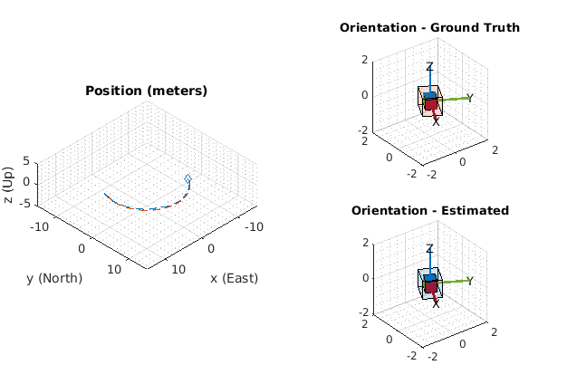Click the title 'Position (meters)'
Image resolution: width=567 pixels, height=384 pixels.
click(x=146, y=91)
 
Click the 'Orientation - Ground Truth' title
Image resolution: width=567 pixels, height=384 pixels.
click(x=429, y=27)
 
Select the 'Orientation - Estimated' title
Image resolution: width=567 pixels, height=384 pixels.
click(x=429, y=210)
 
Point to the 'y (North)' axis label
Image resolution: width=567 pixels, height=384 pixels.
click(x=53, y=278)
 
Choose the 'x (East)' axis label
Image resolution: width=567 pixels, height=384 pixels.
click(x=234, y=278)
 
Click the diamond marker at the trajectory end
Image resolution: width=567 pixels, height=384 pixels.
click(x=187, y=178)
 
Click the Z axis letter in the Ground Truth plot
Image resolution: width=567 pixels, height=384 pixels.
click(x=429, y=67)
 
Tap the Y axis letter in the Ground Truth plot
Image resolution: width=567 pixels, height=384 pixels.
click(x=469, y=98)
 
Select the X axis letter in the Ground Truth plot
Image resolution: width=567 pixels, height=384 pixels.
click(x=436, y=120)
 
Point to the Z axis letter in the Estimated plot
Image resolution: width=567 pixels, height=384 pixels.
click(x=429, y=249)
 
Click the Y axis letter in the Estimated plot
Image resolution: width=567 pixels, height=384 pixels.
click(x=469, y=281)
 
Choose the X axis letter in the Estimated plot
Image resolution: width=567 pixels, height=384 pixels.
click(x=436, y=303)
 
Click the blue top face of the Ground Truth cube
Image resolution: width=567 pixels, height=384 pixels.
click(x=430, y=95)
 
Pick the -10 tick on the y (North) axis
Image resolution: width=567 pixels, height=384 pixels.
click(x=40, y=227)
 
